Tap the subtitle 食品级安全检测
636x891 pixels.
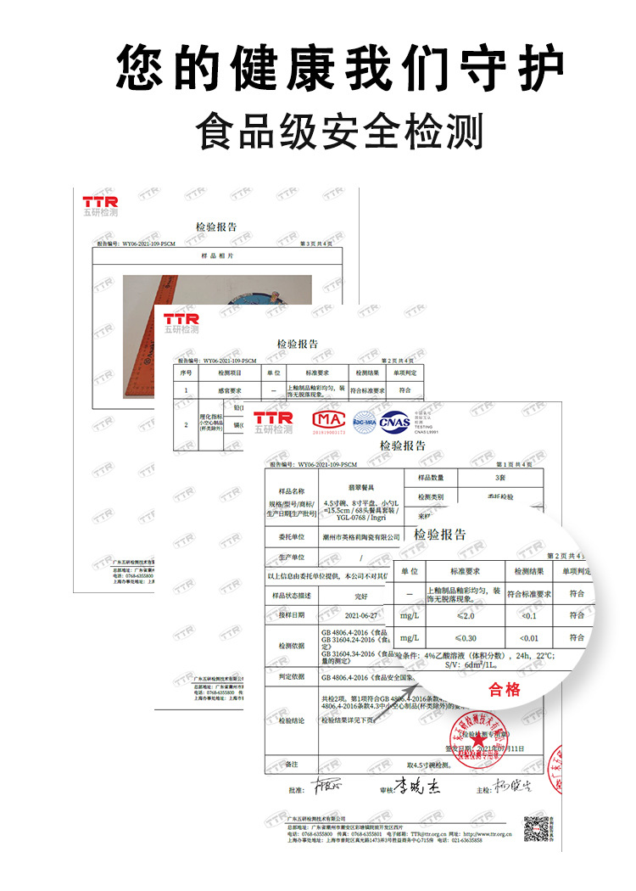[339, 132]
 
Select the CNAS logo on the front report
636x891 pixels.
[394, 420]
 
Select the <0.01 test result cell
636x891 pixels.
[529, 637]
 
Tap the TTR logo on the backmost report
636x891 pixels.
[100, 202]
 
